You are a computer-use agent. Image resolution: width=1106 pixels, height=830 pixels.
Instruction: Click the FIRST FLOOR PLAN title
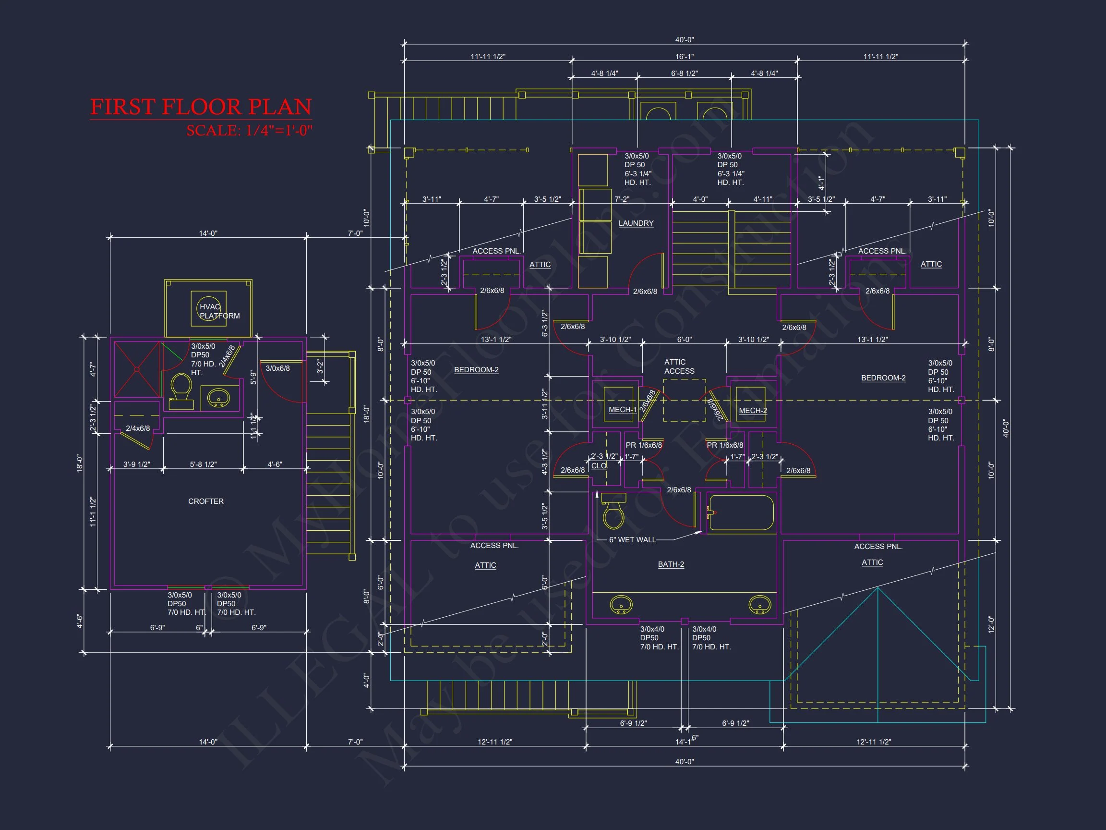[201, 107]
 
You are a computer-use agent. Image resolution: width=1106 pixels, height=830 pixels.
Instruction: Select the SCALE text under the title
[249, 131]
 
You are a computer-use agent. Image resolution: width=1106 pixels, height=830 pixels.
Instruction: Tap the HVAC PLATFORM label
[219, 311]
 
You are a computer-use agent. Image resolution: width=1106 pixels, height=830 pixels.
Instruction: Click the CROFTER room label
[205, 501]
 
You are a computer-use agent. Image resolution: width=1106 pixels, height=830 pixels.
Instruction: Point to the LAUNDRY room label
[636, 223]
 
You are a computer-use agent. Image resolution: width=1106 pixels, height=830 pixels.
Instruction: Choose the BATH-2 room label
[671, 564]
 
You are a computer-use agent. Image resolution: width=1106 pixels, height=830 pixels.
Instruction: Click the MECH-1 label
[622, 410]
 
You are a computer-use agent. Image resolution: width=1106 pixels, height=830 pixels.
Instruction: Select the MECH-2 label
[753, 411]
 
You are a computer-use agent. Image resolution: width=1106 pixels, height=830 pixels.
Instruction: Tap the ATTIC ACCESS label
[678, 366]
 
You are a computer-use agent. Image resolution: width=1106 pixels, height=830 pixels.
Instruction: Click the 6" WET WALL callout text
[632, 540]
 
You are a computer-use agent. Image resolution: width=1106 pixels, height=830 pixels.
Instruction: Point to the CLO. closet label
[600, 466]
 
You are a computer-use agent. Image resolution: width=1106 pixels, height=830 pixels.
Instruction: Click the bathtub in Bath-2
[741, 513]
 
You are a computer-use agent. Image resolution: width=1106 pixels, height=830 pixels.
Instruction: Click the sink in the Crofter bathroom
[218, 398]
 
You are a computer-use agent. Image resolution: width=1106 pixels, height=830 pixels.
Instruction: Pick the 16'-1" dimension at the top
[684, 57]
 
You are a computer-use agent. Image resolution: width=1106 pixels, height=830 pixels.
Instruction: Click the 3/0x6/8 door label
[277, 368]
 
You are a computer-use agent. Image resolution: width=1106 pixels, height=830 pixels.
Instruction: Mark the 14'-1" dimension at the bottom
[684, 742]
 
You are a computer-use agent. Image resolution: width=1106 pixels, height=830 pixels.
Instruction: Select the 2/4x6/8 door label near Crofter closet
[137, 428]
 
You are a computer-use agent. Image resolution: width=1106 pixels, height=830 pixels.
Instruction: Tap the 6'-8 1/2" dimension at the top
[684, 73]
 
